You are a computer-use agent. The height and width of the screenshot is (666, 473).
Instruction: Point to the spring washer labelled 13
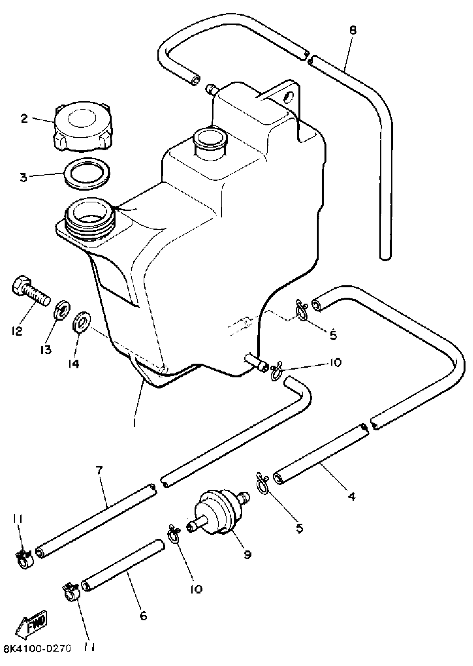click(62, 311)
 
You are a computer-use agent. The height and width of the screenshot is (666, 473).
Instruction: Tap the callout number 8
click(353, 30)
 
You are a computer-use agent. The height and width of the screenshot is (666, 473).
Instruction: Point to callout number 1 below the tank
click(134, 423)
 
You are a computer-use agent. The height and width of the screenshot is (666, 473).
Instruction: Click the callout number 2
click(24, 118)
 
